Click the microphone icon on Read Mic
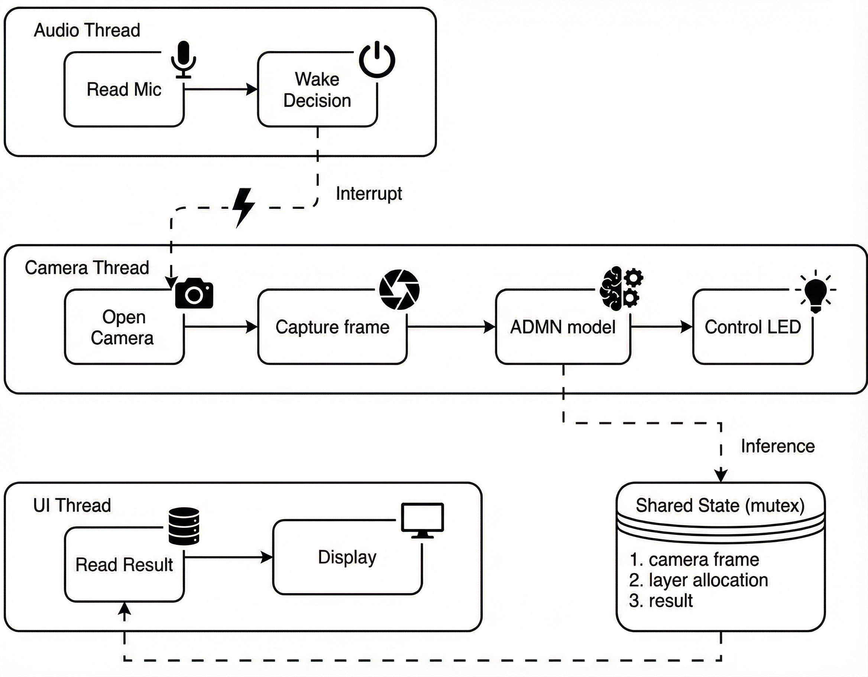[x=183, y=59]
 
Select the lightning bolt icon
[x=243, y=207]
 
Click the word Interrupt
[x=369, y=194]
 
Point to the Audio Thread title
[x=87, y=30]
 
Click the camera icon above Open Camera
[x=194, y=294]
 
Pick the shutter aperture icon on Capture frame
[x=399, y=290]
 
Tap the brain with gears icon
[x=621, y=288]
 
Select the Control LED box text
[x=752, y=327]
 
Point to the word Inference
[x=777, y=446]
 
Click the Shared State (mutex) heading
[x=720, y=506]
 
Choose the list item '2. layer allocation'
[x=698, y=580]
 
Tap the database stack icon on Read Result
[x=184, y=526]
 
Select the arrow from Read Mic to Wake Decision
[x=221, y=89]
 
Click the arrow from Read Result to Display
[x=229, y=557]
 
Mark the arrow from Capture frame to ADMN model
[x=451, y=327]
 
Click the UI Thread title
[x=72, y=506]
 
